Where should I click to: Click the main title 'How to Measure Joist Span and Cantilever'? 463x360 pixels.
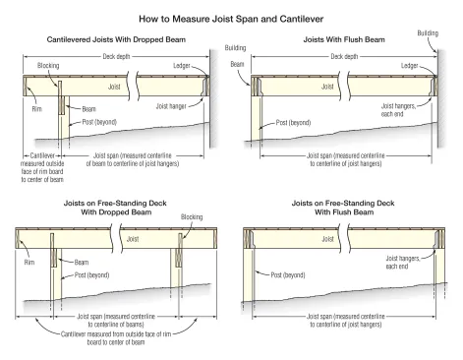click(x=231, y=19)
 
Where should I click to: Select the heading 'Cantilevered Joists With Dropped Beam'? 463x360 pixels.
click(x=116, y=39)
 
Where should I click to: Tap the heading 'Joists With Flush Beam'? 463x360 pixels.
click(x=344, y=39)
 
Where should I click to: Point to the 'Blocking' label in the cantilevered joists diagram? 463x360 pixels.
click(x=48, y=66)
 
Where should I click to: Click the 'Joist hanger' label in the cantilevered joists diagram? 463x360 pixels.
click(x=171, y=106)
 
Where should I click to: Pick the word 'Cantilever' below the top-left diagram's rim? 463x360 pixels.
click(x=42, y=155)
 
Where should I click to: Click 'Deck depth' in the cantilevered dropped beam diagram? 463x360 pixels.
click(x=116, y=56)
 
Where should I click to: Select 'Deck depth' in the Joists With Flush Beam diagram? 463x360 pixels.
click(x=344, y=56)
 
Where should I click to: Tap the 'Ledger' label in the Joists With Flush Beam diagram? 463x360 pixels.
click(x=410, y=66)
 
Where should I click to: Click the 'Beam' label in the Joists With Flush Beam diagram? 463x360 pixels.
click(x=237, y=64)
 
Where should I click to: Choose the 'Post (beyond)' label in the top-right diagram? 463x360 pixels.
click(x=293, y=123)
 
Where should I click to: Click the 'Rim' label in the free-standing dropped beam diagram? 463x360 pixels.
click(x=29, y=263)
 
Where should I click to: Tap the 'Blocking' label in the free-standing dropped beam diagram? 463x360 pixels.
click(x=192, y=217)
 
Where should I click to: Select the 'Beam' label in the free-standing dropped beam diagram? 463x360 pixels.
click(x=82, y=263)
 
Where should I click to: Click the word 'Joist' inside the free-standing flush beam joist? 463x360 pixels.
click(x=327, y=239)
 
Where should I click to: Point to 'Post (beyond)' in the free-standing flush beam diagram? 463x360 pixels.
click(x=288, y=275)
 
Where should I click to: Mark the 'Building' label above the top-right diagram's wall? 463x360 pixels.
click(x=428, y=33)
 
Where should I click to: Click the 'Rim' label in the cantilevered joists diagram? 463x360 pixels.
click(x=37, y=109)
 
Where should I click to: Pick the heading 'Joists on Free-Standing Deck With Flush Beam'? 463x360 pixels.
click(x=343, y=208)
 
